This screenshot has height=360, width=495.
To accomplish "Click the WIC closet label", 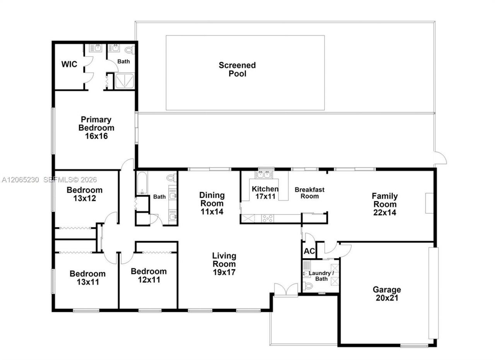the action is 69,64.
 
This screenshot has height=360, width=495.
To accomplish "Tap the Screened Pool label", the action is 237,69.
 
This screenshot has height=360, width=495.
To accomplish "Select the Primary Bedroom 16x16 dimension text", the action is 96,136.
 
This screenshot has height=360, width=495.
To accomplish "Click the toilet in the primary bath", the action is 130,50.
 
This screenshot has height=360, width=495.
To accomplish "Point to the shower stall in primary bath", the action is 125,81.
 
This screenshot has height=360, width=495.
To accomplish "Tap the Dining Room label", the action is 212,199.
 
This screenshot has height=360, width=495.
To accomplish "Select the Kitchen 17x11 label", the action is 265,192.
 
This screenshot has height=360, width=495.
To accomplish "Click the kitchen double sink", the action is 264,175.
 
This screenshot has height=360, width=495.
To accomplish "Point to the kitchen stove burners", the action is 268,218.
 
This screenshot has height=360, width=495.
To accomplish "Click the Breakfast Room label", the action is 310,193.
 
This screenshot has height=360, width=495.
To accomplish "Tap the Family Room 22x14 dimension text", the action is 385,213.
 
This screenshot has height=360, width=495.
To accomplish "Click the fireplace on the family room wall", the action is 429,203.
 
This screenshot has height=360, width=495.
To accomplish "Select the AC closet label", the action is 309,251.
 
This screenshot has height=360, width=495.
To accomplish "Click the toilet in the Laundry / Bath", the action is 308,286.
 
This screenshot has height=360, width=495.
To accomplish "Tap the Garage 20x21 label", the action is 387,294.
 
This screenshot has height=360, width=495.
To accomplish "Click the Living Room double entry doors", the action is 286,290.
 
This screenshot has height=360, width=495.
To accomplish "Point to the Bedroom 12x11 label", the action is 149,276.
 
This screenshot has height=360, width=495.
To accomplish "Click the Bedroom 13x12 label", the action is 85,194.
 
